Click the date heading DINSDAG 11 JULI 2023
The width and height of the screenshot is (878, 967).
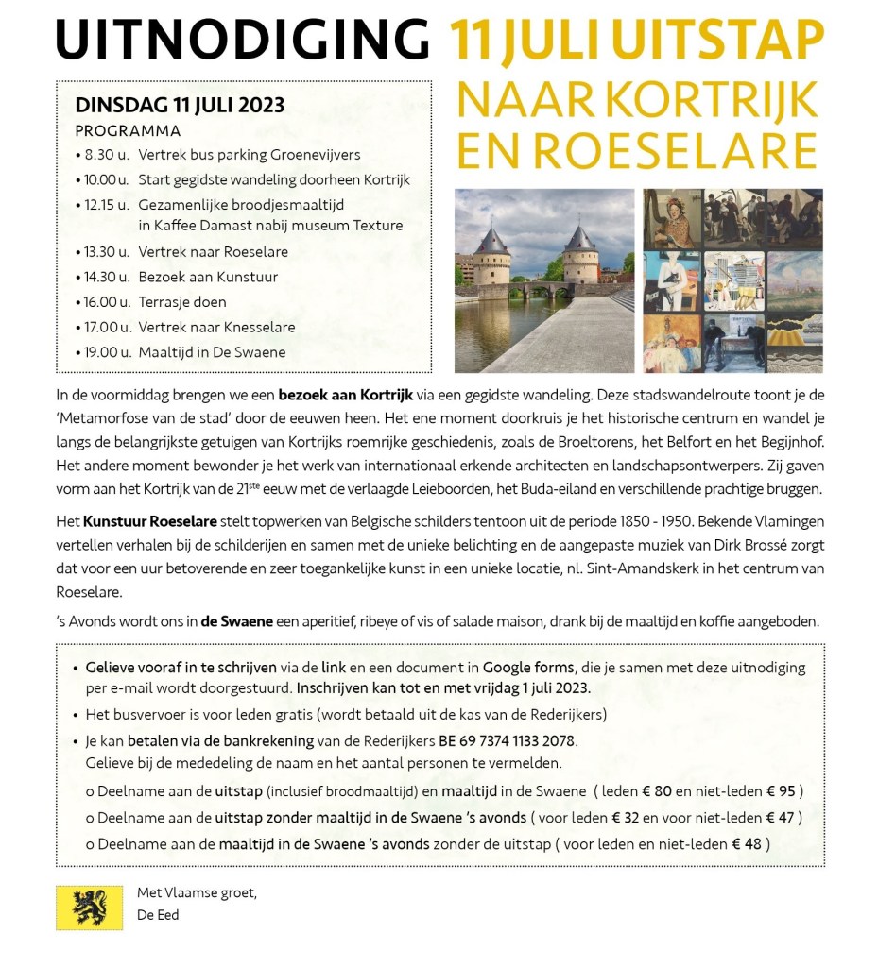pos(180,106)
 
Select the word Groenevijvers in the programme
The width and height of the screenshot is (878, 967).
pos(316,155)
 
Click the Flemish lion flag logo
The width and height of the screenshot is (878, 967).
pos(89,907)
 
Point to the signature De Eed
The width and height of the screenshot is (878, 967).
pos(158,915)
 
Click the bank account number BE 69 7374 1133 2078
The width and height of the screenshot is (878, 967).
pos(507,742)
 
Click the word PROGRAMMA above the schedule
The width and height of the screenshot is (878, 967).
pos(128,131)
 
